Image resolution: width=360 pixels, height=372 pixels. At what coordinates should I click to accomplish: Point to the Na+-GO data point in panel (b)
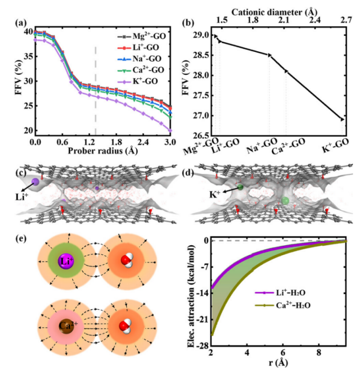[269, 55]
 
